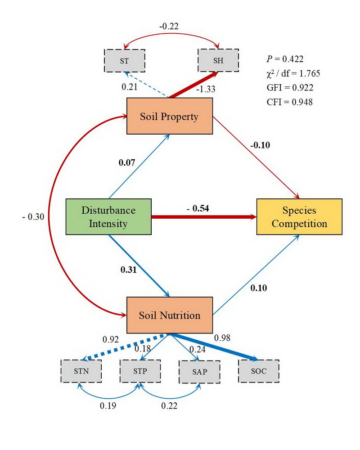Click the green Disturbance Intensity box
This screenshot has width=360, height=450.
(108, 216)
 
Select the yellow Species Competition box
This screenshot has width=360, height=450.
(299, 216)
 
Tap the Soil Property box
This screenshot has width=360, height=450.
(169, 117)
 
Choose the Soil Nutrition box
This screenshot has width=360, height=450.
(169, 315)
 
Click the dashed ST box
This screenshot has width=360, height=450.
(124, 60)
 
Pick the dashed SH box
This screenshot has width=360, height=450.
(219, 60)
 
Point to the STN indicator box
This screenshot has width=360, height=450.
(81, 371)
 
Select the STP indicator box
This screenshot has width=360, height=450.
(140, 371)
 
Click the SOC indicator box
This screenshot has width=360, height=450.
(259, 371)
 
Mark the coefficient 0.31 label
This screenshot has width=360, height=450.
(129, 270)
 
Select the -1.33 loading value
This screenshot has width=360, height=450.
(206, 89)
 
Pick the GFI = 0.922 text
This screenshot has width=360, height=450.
(290, 87)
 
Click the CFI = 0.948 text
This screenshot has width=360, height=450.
(290, 102)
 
